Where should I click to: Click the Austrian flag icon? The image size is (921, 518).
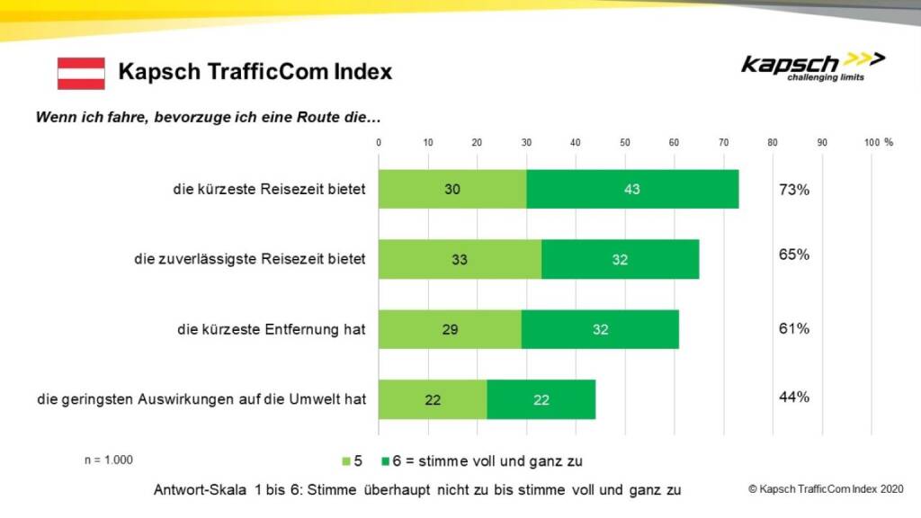click(81, 73)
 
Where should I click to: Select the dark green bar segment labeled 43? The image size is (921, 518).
click(632, 189)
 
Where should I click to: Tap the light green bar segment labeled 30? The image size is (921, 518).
click(452, 189)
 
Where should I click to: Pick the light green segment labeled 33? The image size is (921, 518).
click(459, 260)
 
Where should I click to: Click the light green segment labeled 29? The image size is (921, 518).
click(449, 329)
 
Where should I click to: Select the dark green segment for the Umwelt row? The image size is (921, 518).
click(541, 399)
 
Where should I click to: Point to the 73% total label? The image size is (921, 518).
click(794, 189)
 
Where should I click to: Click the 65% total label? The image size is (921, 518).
click(794, 255)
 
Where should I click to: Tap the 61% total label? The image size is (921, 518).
click(794, 328)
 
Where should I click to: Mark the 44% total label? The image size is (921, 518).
click(794, 397)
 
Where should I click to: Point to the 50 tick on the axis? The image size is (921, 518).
click(625, 142)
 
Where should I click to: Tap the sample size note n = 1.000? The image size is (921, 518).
click(109, 460)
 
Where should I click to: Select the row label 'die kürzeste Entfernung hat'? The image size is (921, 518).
click(272, 329)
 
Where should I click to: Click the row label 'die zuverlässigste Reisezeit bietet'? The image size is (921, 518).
click(250, 260)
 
